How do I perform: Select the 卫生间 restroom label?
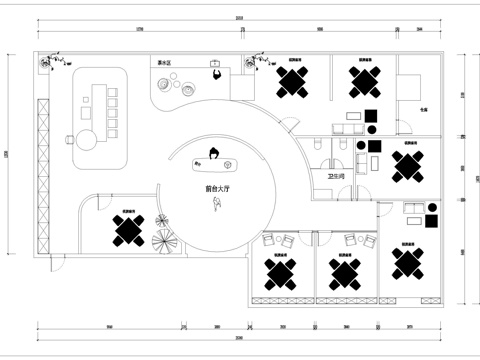[336, 176]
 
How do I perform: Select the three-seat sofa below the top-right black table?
[349, 128]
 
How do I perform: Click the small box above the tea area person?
[216, 62]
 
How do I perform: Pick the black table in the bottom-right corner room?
[410, 262]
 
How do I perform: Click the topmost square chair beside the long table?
[112, 93]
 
